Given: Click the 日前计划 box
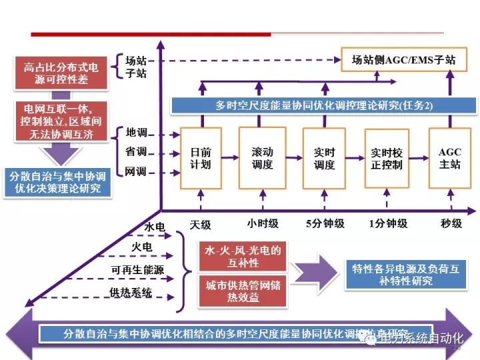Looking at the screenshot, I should tap(201, 157).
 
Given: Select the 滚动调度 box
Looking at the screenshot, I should tap(262, 157).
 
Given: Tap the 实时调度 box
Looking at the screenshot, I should tap(324, 157).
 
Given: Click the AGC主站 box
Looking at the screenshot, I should tap(449, 157).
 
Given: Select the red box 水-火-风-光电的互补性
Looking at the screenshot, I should tap(242, 257).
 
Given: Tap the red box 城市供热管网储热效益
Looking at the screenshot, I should tap(242, 290).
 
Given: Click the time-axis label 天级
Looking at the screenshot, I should tap(200, 223).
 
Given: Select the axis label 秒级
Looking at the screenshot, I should tap(451, 223).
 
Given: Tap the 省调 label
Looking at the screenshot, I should tap(137, 152).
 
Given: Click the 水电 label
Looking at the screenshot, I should tap(155, 227).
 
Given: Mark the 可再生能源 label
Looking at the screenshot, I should tap(137, 271).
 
